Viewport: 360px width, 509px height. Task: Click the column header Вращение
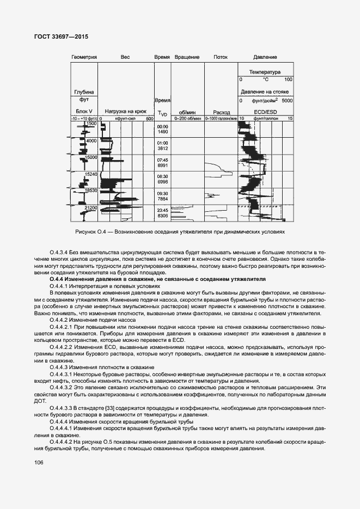tap(187, 57)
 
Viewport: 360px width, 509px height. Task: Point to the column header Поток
tap(221, 57)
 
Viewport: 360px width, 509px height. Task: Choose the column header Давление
tap(265, 57)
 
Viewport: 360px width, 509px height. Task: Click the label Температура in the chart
tap(265, 72)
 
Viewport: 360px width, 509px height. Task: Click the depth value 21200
tap(90, 208)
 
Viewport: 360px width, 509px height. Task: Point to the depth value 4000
tap(90, 141)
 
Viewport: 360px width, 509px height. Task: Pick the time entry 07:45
tap(162, 160)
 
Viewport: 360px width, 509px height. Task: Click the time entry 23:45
tap(162, 210)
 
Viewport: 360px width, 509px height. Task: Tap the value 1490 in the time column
tap(162, 132)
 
